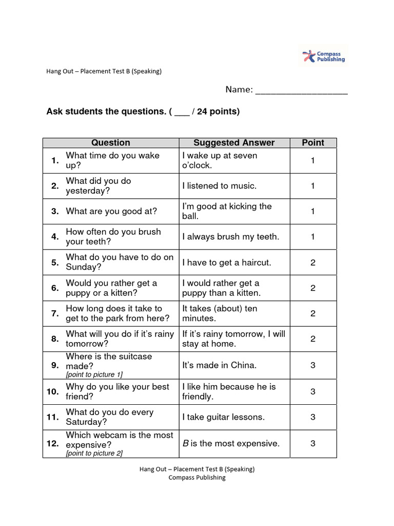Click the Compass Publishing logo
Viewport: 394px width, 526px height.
(x=324, y=56)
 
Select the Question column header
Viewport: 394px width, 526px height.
(x=110, y=143)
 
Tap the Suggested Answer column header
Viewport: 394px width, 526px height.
(x=234, y=143)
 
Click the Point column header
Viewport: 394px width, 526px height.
(x=313, y=143)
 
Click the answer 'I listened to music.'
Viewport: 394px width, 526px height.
(x=219, y=186)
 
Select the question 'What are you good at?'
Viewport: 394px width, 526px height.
(x=111, y=211)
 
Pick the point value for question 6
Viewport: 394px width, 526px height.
(x=313, y=288)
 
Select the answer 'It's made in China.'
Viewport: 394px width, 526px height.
(x=219, y=365)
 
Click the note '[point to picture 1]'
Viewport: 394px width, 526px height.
(x=94, y=375)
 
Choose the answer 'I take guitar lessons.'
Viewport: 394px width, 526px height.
(x=223, y=417)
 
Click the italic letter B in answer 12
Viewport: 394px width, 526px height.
(x=186, y=443)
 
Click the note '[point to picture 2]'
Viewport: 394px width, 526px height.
(x=94, y=453)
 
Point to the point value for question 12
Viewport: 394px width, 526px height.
(x=313, y=443)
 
